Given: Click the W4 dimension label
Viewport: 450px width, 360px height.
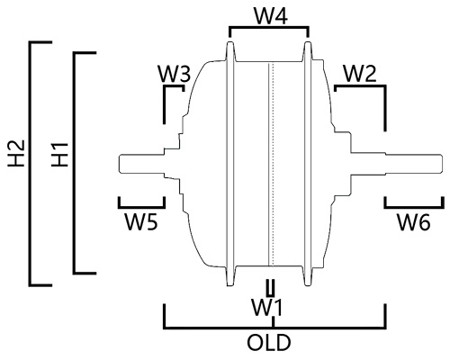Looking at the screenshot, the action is pos(271,15).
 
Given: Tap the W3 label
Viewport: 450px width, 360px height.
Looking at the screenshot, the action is pos(175,74).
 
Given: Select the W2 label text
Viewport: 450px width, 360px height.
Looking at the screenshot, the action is pos(360,74).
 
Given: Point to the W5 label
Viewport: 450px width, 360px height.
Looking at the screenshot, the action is pos(141,222).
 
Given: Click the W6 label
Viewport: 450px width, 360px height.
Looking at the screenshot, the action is pos(414,222).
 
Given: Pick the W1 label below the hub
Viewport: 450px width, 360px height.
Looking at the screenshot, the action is pos(267,308).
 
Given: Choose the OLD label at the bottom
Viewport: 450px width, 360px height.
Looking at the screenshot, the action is pos(269,342).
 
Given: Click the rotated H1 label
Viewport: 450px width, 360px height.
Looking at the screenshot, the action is pos(59,155).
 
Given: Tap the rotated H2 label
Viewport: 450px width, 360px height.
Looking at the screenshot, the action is pos(16,153).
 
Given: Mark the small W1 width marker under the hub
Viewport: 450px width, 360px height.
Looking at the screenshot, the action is pos(271,288).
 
